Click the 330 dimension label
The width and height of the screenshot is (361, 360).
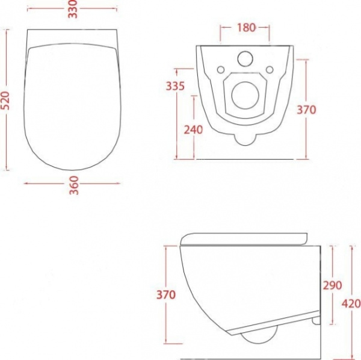tap(73, 9)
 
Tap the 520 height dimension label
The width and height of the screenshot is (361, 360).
tap(5, 101)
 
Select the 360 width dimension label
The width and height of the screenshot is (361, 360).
tap(74, 185)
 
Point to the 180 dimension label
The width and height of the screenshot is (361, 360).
tap(246, 28)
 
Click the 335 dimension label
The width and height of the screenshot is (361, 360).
tap(176, 86)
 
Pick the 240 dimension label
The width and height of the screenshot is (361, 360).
tap(193, 129)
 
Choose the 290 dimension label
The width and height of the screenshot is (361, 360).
tap(333, 285)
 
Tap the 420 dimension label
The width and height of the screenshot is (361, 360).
tap(351, 304)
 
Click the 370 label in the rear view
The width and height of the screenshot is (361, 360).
tap(306, 110)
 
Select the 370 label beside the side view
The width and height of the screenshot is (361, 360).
tap(166, 294)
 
